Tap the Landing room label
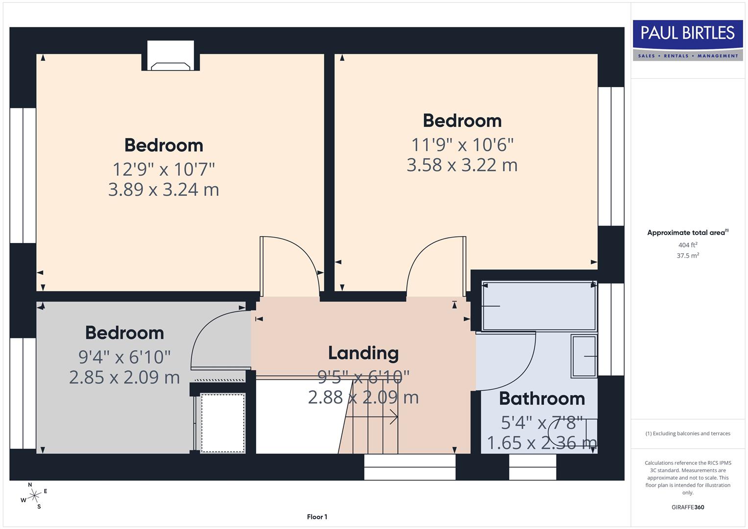click(363, 353)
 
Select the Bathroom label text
click(542, 399)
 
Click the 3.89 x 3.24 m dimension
click(164, 190)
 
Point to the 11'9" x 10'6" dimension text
click(462, 145)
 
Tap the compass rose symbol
click(34, 496)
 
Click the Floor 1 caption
click(317, 517)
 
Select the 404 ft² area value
click(687, 245)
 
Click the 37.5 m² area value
click(687, 256)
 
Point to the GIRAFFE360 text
click(687, 507)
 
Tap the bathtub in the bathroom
click(539, 306)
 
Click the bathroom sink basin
click(584, 356)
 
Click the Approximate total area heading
click(687, 233)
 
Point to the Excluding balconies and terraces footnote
click(687, 433)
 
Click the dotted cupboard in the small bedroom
click(223, 423)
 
